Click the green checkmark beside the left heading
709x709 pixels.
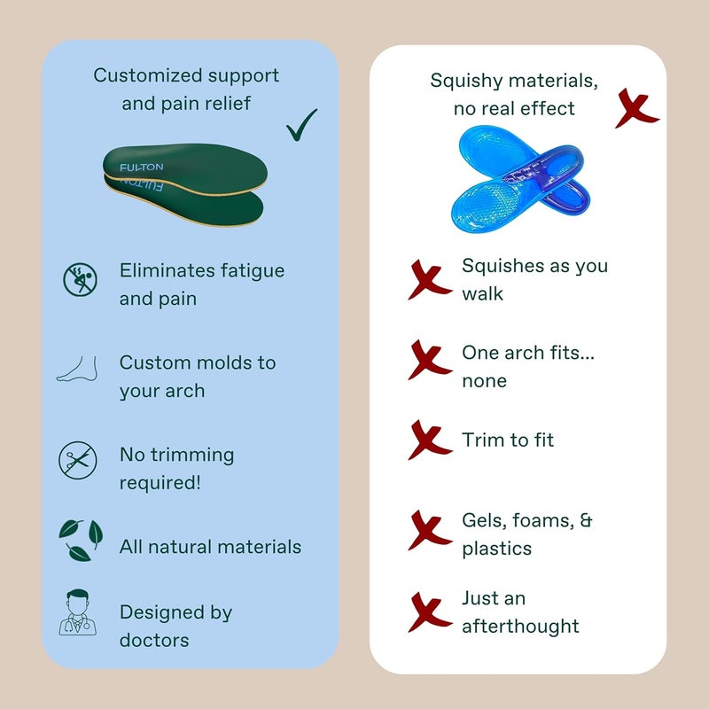coord(301,125)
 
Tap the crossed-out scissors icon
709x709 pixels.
coord(79,461)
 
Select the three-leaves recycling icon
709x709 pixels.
coord(80,540)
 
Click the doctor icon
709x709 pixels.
coord(79,614)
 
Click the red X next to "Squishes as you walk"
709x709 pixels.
coord(430,278)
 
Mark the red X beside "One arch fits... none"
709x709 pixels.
coord(430,360)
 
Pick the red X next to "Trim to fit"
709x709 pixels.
coord(430,440)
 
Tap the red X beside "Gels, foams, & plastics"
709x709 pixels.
coord(430,530)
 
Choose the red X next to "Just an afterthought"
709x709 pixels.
coord(430,612)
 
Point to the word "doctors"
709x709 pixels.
coord(154,639)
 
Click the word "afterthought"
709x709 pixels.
coord(520,626)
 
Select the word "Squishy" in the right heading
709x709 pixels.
coord(467,81)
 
